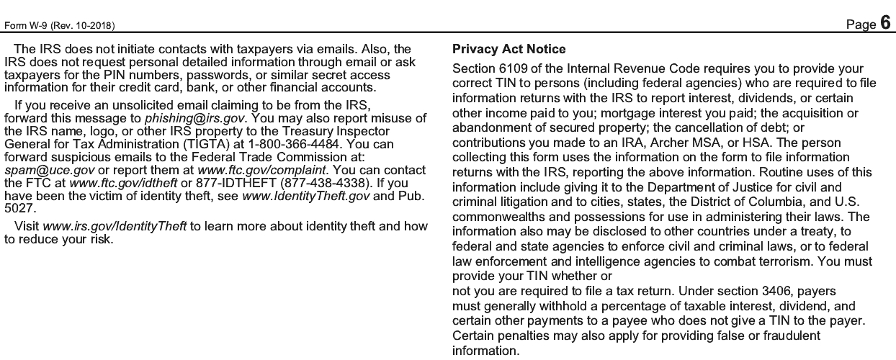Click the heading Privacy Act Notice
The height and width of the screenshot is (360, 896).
pyautogui.click(x=509, y=50)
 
